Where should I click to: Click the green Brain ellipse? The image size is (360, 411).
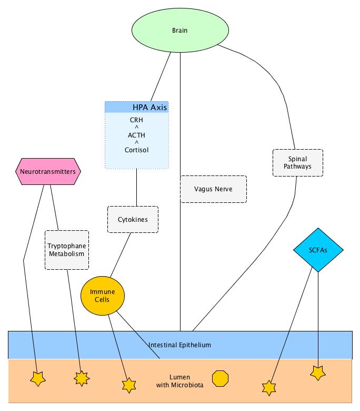coord(180,30)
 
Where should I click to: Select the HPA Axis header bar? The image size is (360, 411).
coord(137,107)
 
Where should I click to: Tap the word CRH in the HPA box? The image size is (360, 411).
coord(136,120)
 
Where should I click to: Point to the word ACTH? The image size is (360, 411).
coord(136,135)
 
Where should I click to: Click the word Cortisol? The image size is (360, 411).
coord(136,150)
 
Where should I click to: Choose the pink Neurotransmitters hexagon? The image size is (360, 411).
coord(48,171)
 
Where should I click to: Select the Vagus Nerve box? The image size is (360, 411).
coord(213,189)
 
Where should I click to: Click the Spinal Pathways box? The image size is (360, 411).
coord(298,163)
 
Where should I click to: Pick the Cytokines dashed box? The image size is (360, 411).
coord(133,219)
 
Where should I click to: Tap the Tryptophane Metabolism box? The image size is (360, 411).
coord(67,250)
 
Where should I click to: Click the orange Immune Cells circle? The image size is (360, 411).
coord(103,296)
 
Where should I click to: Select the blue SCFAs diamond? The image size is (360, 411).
coord(318,250)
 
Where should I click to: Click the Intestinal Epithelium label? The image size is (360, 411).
coord(179,345)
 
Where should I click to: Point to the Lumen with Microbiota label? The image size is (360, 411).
coord(179,381)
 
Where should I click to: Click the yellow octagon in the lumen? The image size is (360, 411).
coord(220,378)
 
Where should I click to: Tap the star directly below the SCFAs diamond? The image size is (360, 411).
coord(318,373)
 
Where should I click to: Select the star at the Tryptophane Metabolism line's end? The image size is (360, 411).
coord(82,378)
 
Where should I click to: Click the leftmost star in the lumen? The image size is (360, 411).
coord(38,379)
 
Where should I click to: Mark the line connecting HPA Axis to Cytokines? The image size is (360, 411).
coord(136,188)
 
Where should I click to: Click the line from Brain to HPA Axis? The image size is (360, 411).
coord(161,77)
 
